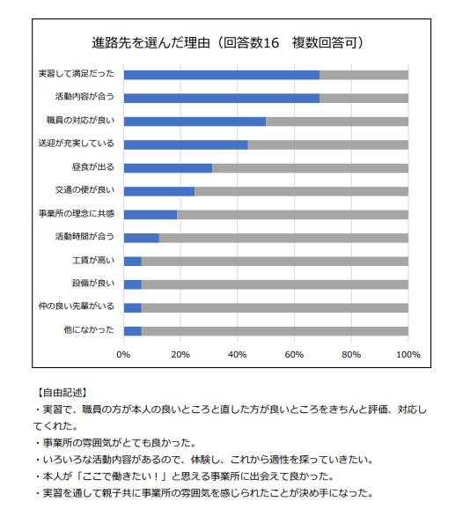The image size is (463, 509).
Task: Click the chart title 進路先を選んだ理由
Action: pyautogui.click(x=151, y=43)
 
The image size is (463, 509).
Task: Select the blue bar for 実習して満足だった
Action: pyautogui.click(x=222, y=75)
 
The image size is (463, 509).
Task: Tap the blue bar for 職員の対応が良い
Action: pyautogui.click(x=195, y=122)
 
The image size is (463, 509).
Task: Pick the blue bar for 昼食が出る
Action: pyautogui.click(x=168, y=168)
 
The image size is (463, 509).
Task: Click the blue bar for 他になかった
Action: pyautogui.click(x=132, y=331)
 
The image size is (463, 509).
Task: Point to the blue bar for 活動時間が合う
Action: pyautogui.click(x=142, y=239)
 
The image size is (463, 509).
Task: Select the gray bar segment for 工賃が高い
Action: pyautogui.click(x=275, y=262)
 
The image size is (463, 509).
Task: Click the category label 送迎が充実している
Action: pyautogui.click(x=77, y=144)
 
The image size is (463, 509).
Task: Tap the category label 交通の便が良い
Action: pyautogui.click(x=85, y=190)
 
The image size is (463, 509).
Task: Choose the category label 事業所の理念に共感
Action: pyautogui.click(x=77, y=214)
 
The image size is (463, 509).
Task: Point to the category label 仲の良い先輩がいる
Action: pyautogui.click(x=77, y=306)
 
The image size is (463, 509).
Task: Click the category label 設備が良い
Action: pyautogui.click(x=93, y=283)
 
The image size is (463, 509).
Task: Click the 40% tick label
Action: pyautogui.click(x=237, y=355)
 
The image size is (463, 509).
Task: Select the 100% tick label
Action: pyautogui.click(x=408, y=355)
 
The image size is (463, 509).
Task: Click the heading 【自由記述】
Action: pyautogui.click(x=61, y=393)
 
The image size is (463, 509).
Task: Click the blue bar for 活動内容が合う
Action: pyautogui.click(x=222, y=99)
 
